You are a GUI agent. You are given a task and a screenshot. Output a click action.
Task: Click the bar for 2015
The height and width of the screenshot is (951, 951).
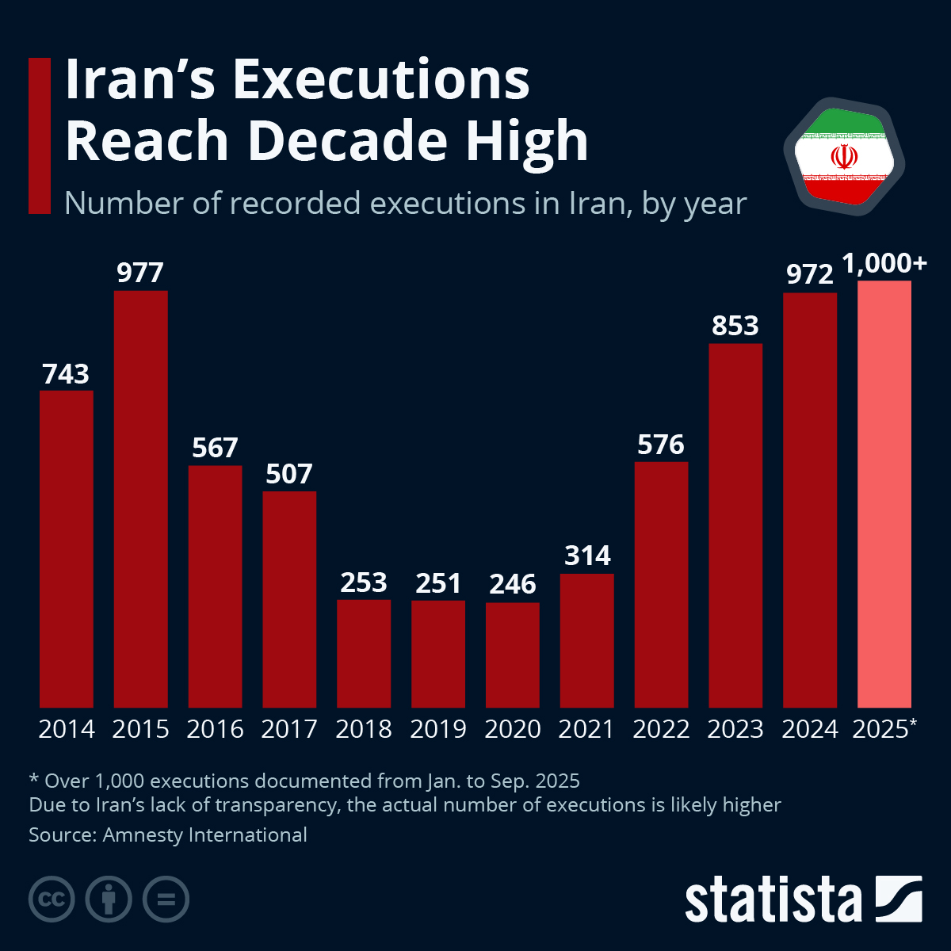[140, 499]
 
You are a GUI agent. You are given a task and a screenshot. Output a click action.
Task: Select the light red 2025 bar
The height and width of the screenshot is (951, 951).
[884, 495]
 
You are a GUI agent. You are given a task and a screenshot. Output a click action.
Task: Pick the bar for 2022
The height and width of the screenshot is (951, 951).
[661, 585]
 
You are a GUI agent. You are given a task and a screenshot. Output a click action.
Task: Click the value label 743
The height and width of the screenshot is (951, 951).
[66, 374]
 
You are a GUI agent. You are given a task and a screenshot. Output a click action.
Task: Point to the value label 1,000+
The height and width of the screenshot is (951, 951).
[884, 264]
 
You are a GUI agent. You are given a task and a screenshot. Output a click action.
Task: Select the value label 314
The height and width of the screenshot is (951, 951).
[587, 556]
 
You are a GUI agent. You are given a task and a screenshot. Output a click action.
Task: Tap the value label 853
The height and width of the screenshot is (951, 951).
[735, 326]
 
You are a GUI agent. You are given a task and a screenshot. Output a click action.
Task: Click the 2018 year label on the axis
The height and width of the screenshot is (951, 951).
[364, 729]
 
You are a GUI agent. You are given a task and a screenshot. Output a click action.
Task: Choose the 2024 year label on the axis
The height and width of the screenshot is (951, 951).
[810, 729]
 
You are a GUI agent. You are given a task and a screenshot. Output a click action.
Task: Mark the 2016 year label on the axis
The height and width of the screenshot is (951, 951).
[215, 729]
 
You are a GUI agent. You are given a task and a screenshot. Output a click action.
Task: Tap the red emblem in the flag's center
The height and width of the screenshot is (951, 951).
[844, 156]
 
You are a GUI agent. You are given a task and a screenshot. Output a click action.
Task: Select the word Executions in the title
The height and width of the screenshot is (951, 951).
[381, 80]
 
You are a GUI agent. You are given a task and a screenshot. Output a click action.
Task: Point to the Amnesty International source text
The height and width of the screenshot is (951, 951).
[204, 835]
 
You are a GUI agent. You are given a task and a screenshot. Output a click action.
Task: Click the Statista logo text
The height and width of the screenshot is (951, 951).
[773, 900]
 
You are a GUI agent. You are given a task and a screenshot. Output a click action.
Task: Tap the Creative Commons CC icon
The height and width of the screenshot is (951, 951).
[52, 899]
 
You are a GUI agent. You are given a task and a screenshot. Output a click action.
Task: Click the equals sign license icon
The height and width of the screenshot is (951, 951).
[166, 899]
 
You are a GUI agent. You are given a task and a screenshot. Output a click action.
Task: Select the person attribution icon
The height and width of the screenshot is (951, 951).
[109, 899]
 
